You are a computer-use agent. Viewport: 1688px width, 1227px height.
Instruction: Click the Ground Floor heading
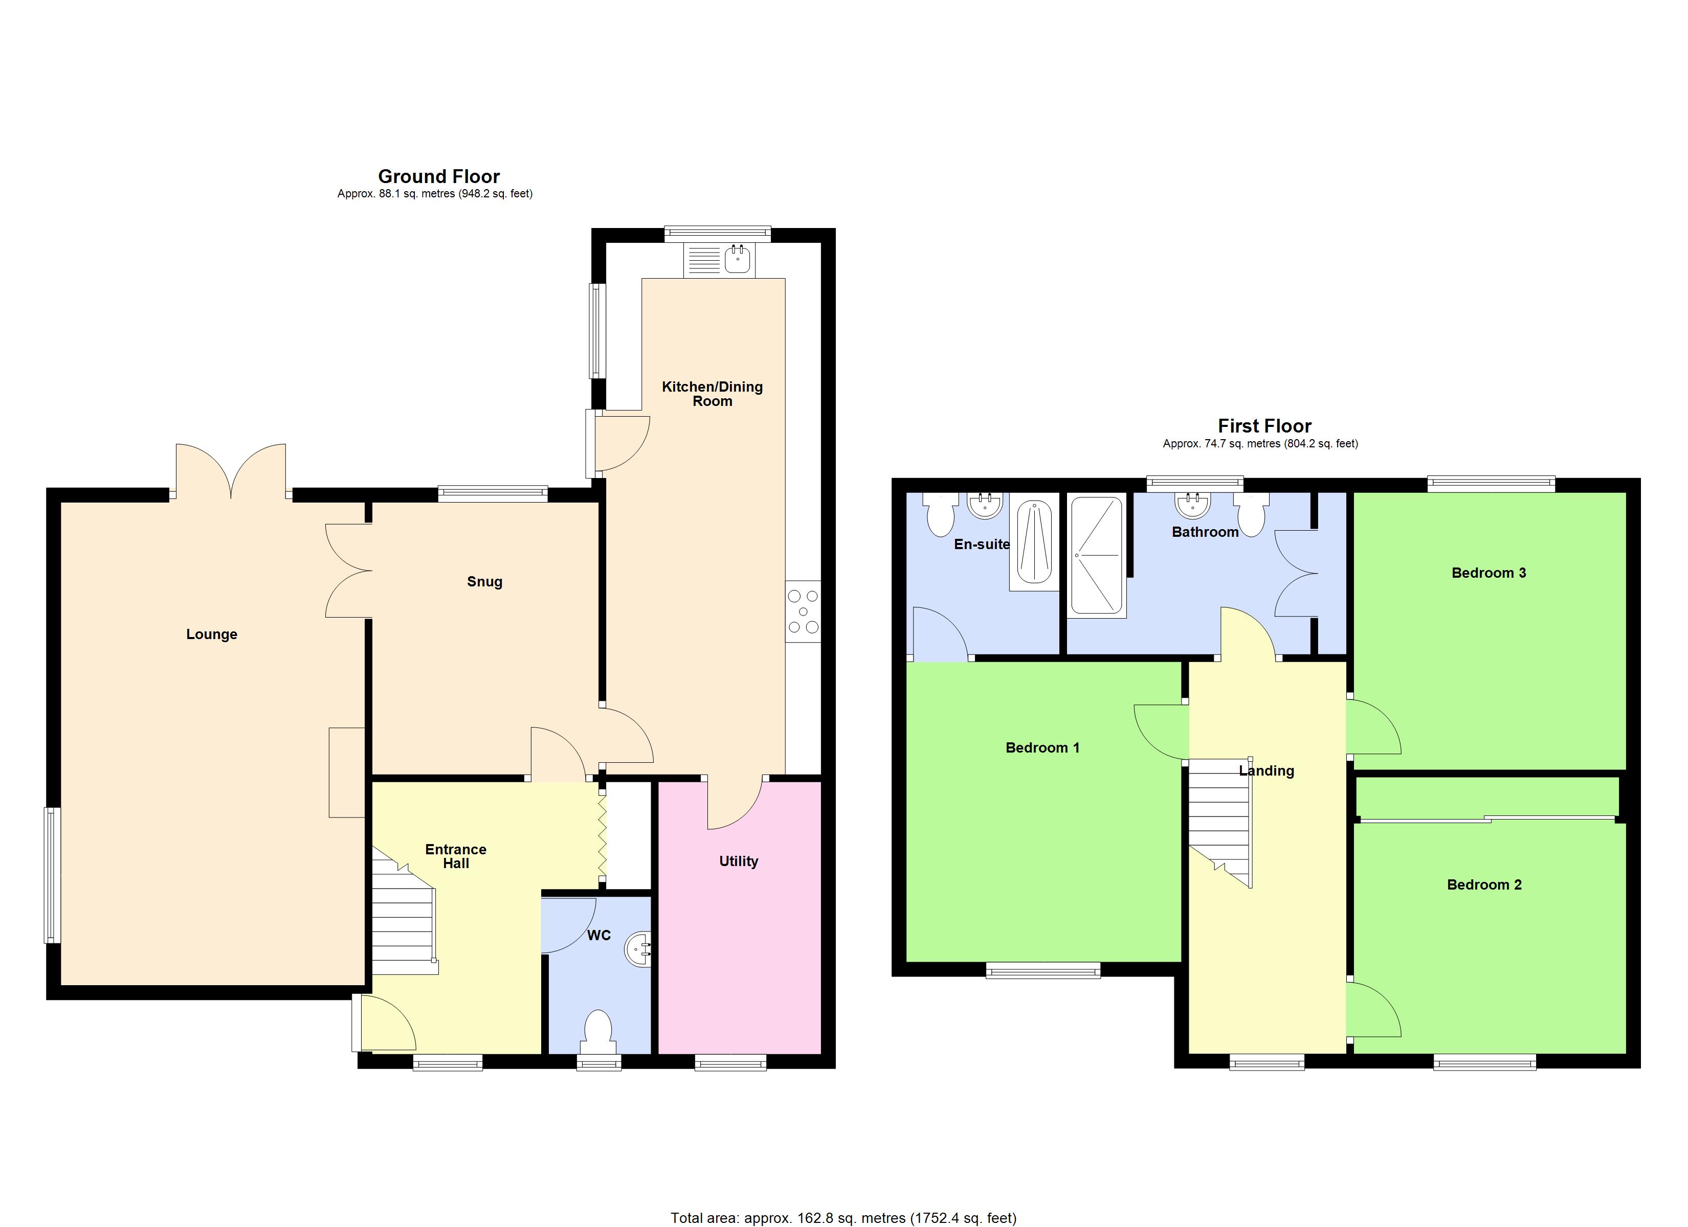click(438, 176)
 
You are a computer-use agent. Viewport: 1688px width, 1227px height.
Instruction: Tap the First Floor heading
click(1264, 426)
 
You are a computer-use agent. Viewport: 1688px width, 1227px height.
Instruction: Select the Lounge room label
click(211, 634)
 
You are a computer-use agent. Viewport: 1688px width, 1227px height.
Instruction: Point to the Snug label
click(484, 582)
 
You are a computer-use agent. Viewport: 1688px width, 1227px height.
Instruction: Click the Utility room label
click(738, 861)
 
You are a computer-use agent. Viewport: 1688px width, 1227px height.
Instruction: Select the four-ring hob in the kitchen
click(803, 611)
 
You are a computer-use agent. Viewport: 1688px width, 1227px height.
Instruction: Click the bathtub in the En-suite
click(1034, 542)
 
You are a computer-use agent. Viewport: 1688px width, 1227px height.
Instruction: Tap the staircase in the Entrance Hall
click(403, 923)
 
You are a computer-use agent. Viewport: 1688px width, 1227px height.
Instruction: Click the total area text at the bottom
click(843, 1217)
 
